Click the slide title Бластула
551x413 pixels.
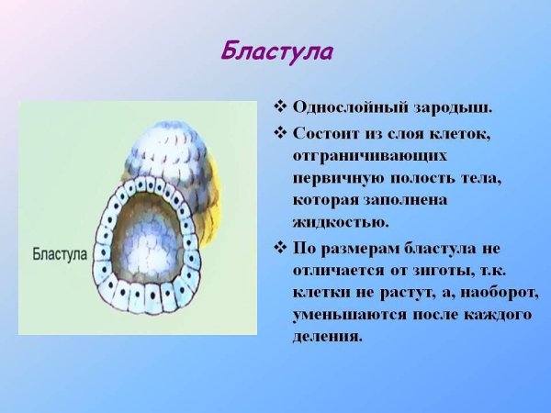coord(276,51)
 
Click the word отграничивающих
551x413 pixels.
coord(371,156)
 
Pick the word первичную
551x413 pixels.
coord(337,178)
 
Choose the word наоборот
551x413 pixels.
coord(497,293)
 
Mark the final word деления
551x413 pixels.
coord(328,337)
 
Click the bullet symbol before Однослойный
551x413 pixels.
coord(281,107)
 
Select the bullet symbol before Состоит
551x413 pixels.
coord(281,133)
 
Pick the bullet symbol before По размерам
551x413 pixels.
coord(281,249)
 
